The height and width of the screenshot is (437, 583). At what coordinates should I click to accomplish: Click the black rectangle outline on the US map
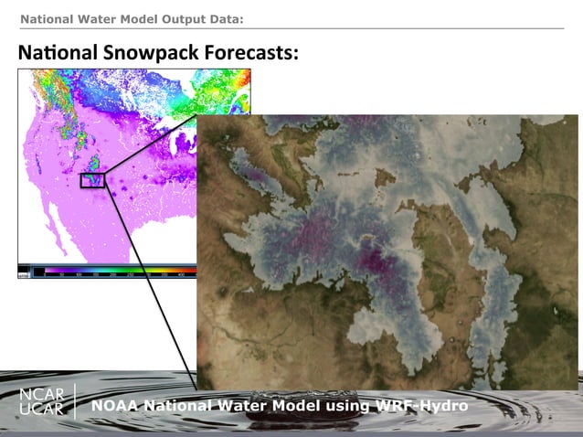92,180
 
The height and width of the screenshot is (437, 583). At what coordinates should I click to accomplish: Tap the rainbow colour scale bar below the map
110,272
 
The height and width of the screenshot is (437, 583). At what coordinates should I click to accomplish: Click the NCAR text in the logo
42,395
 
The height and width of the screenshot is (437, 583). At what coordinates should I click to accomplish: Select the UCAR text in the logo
42,410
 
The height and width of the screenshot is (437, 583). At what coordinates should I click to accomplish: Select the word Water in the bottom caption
245,405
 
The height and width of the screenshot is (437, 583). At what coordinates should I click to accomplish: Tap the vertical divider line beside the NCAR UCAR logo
76,402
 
